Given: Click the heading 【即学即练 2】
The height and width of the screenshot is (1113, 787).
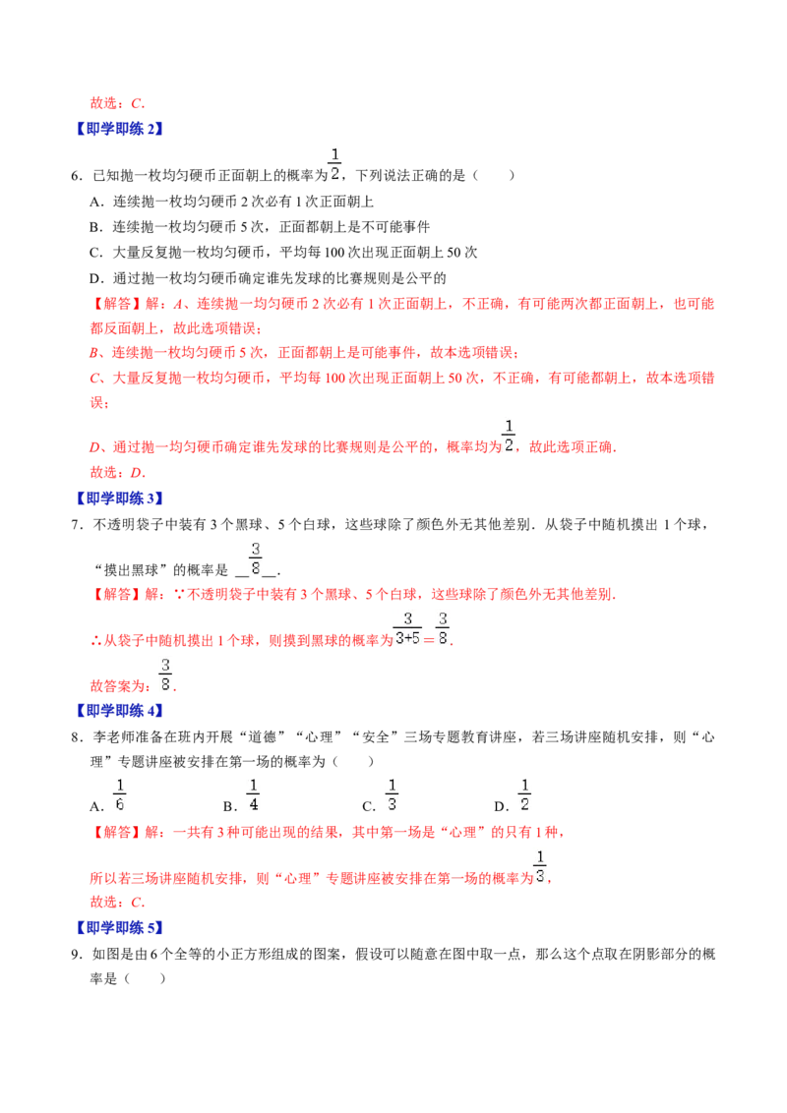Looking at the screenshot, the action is coord(119,129).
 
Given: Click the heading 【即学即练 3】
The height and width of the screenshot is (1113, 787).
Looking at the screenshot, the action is coord(119,498).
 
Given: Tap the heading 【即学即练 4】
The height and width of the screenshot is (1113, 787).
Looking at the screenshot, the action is coord(119,711).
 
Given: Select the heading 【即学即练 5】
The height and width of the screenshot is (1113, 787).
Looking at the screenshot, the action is coord(119,928).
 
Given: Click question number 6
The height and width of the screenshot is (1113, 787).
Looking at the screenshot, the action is coord(77,176).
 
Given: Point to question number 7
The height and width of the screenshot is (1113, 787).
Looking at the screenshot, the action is coord(77,525).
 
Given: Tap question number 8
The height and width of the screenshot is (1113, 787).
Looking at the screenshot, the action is coord(77,737).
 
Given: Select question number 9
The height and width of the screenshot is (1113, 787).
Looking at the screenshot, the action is coord(77,955).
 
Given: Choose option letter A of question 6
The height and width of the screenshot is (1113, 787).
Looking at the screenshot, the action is coord(96,203).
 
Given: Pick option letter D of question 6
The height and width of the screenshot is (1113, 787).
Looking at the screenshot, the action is coord(96,278).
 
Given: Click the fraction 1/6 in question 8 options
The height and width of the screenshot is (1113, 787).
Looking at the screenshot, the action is coord(119,795).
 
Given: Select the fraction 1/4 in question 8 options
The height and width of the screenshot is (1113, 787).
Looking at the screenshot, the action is coord(253,795).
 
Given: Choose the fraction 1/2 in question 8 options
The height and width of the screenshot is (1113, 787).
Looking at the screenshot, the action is coord(524,795).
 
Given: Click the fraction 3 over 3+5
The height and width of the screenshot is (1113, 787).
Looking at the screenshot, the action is coord(407,629).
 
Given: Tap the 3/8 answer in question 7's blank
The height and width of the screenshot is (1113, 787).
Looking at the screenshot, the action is coord(256,558).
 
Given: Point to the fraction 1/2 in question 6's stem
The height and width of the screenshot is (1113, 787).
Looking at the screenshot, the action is coord(334,164).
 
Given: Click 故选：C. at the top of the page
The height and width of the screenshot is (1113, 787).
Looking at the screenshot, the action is coord(117,103).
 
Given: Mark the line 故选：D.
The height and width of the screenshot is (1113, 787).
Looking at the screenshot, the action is coord(117,473).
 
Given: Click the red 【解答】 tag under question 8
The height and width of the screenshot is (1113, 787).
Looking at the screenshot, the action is coord(116,833).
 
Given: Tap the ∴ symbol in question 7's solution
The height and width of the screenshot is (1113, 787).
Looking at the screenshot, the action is coord(95,641).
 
